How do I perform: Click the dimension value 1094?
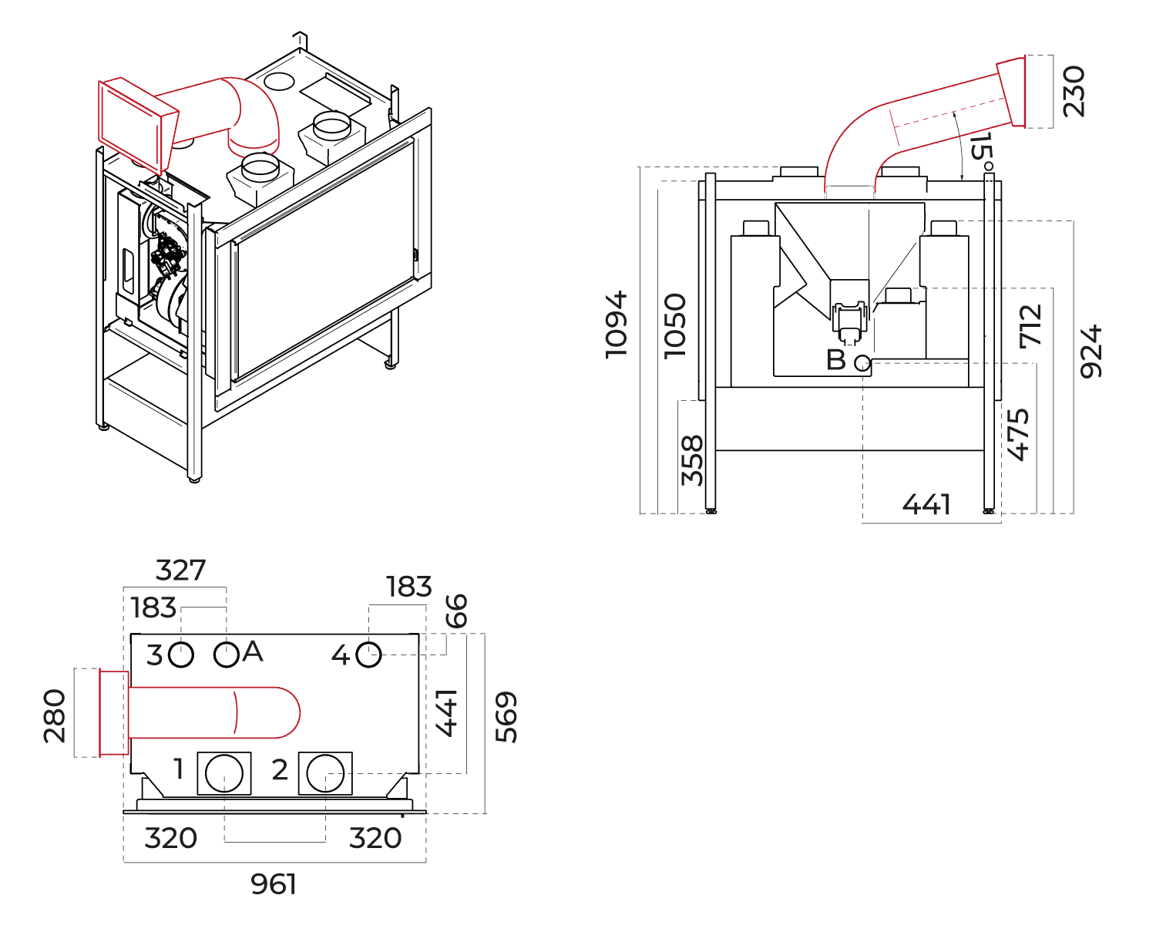(x=617, y=325)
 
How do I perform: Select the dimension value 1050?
(x=675, y=325)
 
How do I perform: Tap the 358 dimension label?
(x=693, y=460)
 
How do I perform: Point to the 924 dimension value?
(x=1091, y=352)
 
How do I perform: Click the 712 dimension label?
(x=1031, y=325)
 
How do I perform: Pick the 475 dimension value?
(x=1018, y=435)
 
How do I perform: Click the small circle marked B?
(x=862, y=362)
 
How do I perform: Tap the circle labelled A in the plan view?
(x=226, y=655)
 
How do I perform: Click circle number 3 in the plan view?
(x=181, y=655)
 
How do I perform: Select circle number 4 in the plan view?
(x=369, y=655)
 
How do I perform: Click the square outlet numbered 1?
(x=224, y=773)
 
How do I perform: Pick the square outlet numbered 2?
(x=325, y=773)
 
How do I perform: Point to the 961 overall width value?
(x=274, y=884)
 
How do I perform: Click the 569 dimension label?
(x=506, y=717)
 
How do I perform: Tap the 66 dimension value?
(x=456, y=611)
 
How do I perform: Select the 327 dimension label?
(x=181, y=570)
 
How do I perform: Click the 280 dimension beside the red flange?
(x=55, y=716)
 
